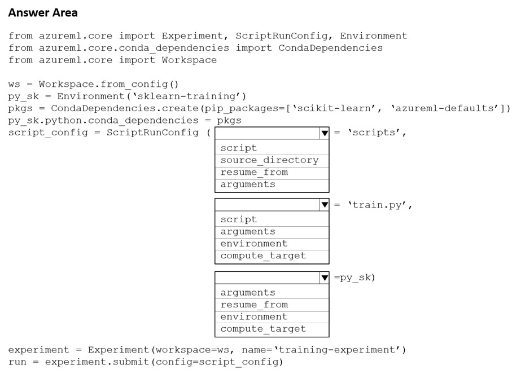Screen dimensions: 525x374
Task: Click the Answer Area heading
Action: coord(43,13)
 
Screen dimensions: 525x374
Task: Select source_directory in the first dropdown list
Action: coord(269,160)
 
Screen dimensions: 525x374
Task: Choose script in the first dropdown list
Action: coord(238,148)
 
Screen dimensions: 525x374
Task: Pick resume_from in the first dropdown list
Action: coord(254,172)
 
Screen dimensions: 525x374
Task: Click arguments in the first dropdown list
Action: coord(248,184)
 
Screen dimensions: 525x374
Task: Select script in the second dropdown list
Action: coord(238,219)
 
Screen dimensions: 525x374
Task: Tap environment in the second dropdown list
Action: coord(254,244)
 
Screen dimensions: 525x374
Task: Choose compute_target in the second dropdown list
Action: coord(263,256)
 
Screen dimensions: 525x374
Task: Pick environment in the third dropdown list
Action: coord(254,317)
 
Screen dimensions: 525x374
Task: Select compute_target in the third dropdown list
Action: coord(263,329)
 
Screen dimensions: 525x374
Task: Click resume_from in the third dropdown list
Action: coord(254,305)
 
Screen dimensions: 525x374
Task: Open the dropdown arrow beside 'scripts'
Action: coord(325,134)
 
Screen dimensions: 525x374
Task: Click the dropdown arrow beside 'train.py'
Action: coord(325,205)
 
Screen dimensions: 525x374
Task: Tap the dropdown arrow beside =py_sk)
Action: coord(325,278)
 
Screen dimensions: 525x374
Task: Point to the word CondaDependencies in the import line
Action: coord(330,48)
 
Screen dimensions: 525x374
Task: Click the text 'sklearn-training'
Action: coord(186,96)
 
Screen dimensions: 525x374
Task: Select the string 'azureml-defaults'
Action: coord(445,108)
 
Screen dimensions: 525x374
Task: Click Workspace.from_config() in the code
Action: coord(109,84)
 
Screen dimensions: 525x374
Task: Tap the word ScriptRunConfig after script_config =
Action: coord(152,133)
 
